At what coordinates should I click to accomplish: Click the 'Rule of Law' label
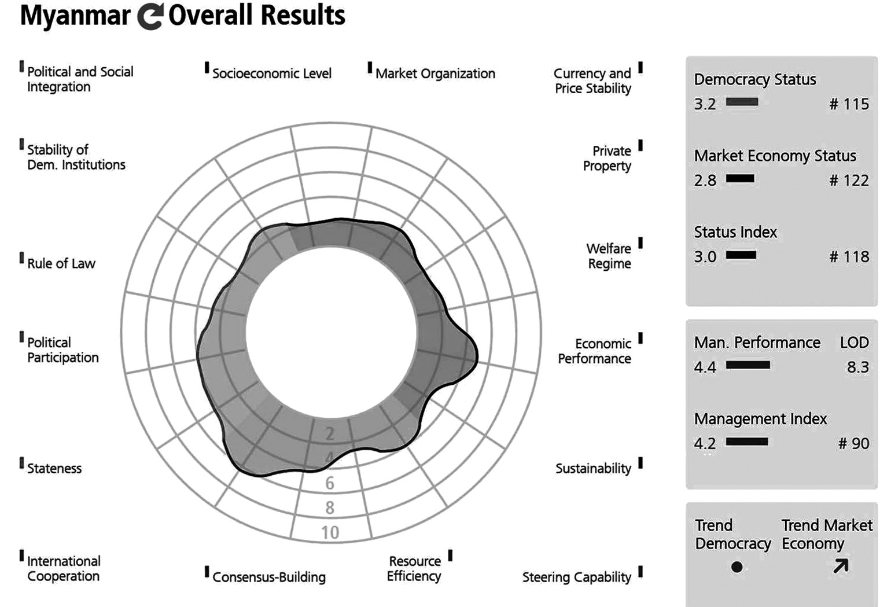pyautogui.click(x=61, y=263)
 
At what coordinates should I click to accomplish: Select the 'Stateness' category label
pyautogui.click(x=54, y=468)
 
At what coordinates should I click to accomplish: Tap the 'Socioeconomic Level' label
pyautogui.click(x=271, y=73)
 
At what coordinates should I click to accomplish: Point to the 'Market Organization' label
pyautogui.click(x=435, y=73)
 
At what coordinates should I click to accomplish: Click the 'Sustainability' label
pyautogui.click(x=593, y=468)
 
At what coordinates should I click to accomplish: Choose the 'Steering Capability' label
pyautogui.click(x=576, y=577)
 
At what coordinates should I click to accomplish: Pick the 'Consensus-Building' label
pyautogui.click(x=269, y=577)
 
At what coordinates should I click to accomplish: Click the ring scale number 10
pyautogui.click(x=330, y=532)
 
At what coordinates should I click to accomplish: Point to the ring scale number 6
pyautogui.click(x=330, y=483)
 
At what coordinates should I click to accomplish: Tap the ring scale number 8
pyautogui.click(x=330, y=507)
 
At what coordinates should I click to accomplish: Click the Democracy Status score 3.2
pyautogui.click(x=705, y=104)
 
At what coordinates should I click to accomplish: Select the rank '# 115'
pyautogui.click(x=849, y=104)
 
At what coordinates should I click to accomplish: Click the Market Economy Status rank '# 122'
pyautogui.click(x=849, y=181)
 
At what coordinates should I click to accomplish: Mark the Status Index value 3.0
pyautogui.click(x=705, y=257)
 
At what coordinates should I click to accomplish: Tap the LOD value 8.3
pyautogui.click(x=857, y=367)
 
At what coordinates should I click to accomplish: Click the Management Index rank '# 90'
pyautogui.click(x=853, y=444)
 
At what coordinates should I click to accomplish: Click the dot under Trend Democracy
pyautogui.click(x=737, y=567)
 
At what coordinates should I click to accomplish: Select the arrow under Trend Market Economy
pyautogui.click(x=841, y=566)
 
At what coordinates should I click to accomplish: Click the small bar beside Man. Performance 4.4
pyautogui.click(x=748, y=365)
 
